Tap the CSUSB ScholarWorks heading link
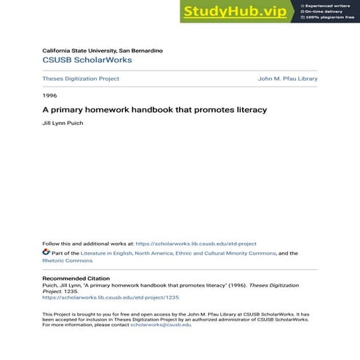pyautogui.click(x=87, y=60)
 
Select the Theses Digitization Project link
pyautogui.click(x=81, y=79)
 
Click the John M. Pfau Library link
pyautogui.click(x=287, y=79)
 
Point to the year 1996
pyautogui.click(x=49, y=95)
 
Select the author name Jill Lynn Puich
pyautogui.click(x=63, y=124)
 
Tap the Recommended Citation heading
pyautogui.click(x=76, y=279)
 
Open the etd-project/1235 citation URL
pyautogui.click(x=111, y=297)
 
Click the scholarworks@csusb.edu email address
pyautogui.click(x=161, y=324)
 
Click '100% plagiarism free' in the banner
pyautogui.click(x=330, y=17)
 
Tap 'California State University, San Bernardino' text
pyautogui.click(x=103, y=50)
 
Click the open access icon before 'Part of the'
pyautogui.click(x=46, y=252)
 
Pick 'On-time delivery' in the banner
pyautogui.click(x=325, y=11)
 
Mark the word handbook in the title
pyautogui.click(x=151, y=110)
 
